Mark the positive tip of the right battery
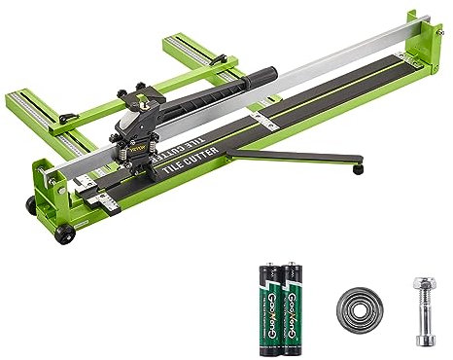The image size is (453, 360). coord(289,264)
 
